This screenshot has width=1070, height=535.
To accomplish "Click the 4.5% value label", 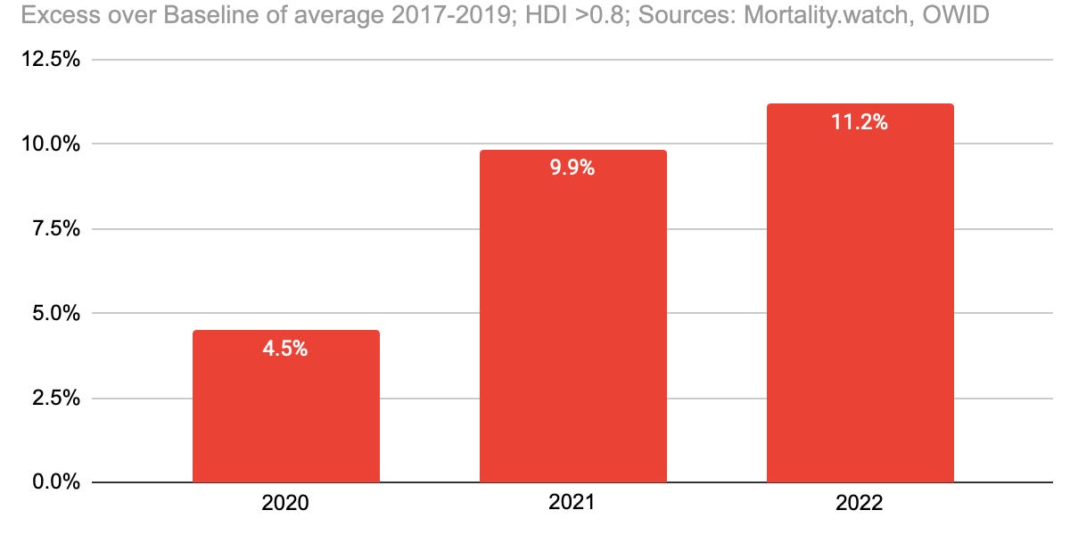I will coord(285,349).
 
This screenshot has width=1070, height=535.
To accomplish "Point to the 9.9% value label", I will coord(572,168).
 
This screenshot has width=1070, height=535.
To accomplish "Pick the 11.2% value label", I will coord(860,122).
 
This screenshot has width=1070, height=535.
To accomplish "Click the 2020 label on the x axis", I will coord(285,503).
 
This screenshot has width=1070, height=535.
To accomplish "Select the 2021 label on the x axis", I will coord(572,503).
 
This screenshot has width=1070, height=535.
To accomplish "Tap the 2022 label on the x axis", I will coord(860,503).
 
